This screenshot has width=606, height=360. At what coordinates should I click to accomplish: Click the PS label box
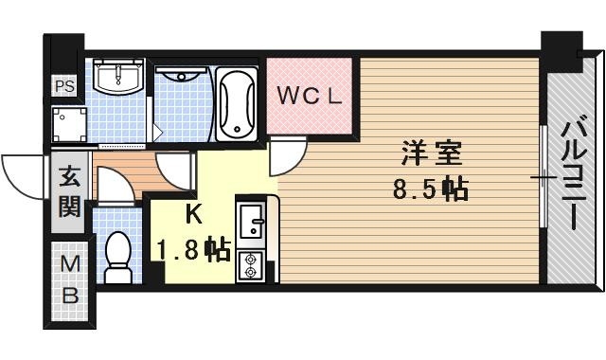pyautogui.click(x=64, y=86)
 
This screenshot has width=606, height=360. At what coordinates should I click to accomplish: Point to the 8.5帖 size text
pyautogui.click(x=430, y=189)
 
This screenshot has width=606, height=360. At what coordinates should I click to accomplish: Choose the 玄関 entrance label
pyautogui.click(x=69, y=191)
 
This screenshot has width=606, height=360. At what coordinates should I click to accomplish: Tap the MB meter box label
pyautogui.click(x=69, y=280)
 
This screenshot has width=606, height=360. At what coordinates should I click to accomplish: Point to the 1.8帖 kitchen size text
pyautogui.click(x=194, y=249)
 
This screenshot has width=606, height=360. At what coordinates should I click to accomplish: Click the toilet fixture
pyautogui.click(x=118, y=259)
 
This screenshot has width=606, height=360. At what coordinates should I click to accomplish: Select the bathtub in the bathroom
pyautogui.click(x=236, y=104)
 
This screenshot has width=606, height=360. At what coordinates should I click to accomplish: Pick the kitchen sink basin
pyautogui.click(x=252, y=225)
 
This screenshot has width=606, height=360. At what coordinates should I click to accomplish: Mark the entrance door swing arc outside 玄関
pyautogui.click(x=21, y=171)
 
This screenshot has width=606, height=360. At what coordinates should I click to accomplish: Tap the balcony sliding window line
pyautogui.click(x=543, y=176)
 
